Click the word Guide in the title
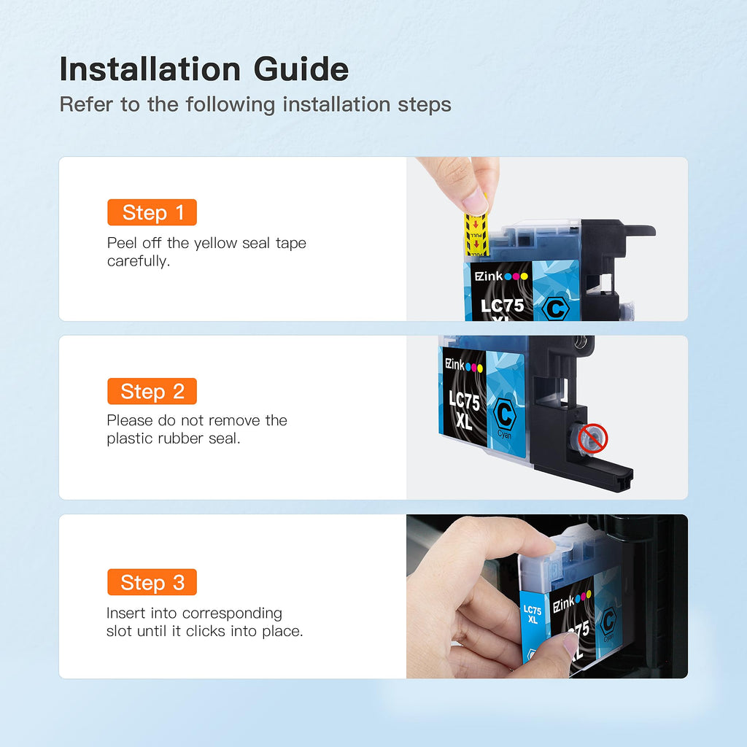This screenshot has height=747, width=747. [301, 69]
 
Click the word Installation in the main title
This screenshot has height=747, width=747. [150, 69]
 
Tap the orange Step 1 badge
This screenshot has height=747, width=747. [152, 212]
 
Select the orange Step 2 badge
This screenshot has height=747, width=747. [152, 391]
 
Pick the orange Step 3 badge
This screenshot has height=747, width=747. [152, 582]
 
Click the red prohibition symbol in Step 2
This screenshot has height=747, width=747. [592, 438]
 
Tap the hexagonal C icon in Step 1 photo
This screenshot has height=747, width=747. [555, 309]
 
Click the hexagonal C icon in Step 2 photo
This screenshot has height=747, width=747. [505, 414]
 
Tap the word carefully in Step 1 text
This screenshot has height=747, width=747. [138, 262]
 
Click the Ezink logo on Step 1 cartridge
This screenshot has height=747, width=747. [501, 276]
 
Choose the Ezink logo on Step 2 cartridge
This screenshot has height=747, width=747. [463, 366]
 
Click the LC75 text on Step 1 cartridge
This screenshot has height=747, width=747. [502, 306]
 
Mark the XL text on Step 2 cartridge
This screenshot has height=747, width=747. [463, 421]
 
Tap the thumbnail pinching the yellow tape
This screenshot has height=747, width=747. [475, 202]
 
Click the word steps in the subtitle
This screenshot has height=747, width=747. [425, 105]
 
